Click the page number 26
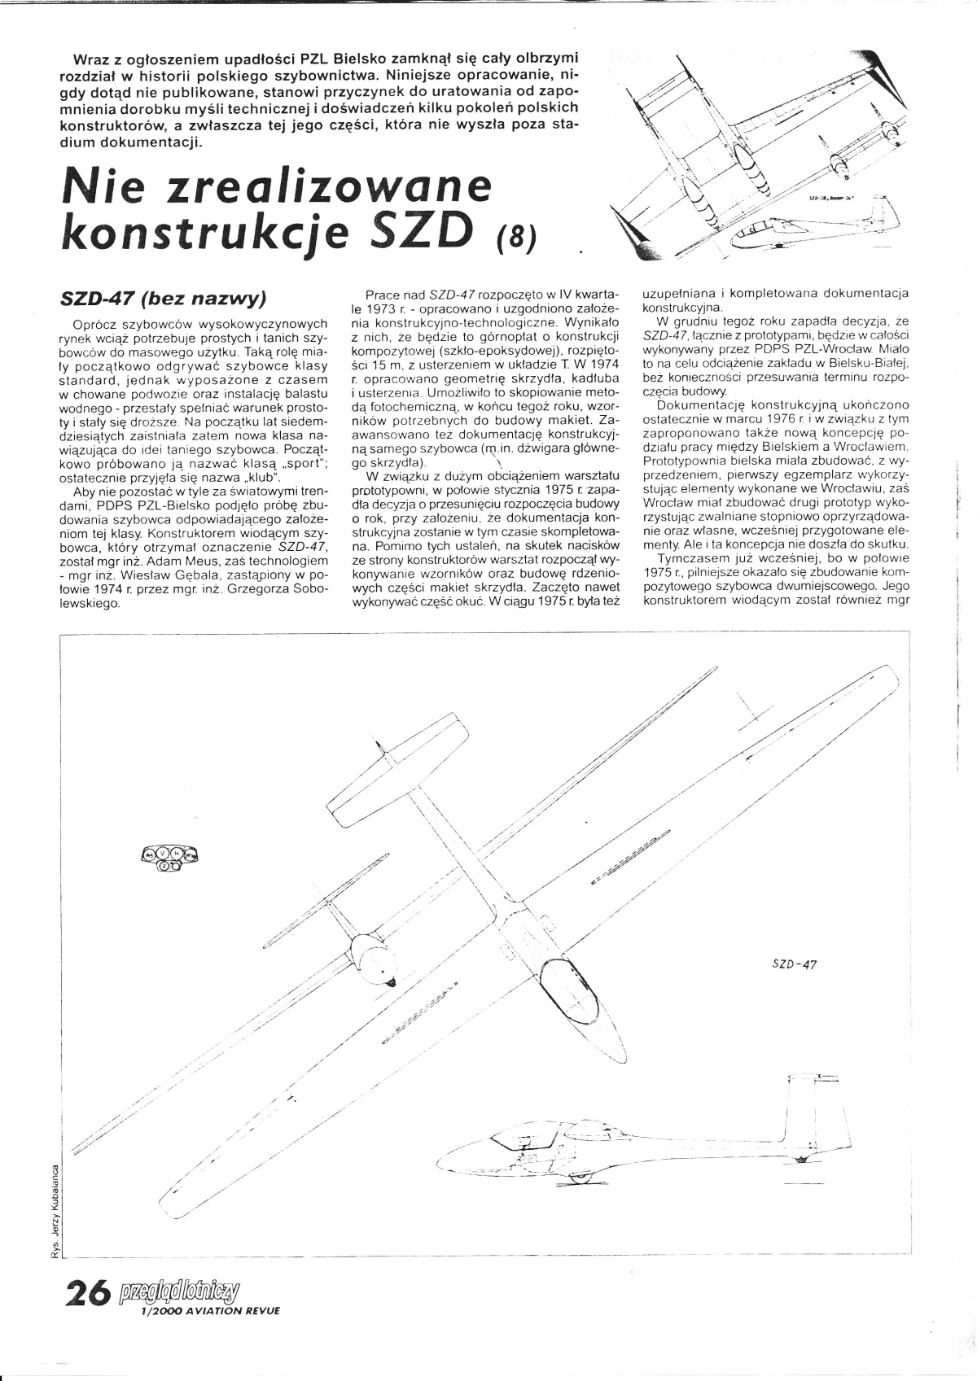point(87,1294)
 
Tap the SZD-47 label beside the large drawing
point(792,964)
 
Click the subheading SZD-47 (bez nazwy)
point(164,298)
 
